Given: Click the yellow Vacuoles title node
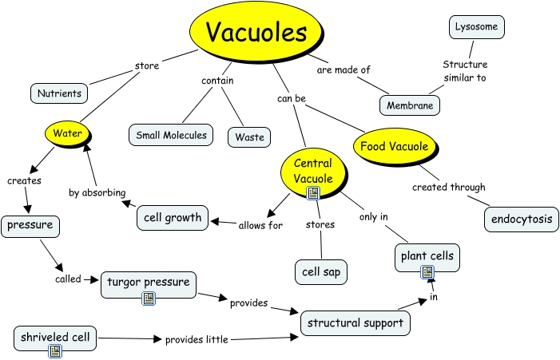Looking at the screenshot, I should pos(256,33).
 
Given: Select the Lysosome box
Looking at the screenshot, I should pos(476,27).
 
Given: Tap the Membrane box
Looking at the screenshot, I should pos(410,105).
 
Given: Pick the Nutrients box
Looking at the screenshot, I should pos(59,93).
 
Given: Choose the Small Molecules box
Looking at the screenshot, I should pos(171,135).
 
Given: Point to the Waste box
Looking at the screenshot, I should pos(249,136).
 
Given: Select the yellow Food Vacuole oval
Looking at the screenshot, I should pos(394,146).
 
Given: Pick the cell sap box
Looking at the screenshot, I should pos(321,271).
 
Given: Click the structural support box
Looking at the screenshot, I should pos(356,322).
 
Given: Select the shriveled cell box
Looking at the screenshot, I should pos(55,338).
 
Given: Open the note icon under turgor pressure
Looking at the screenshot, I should pos(148,299).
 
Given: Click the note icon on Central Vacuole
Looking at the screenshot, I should pos(313,193).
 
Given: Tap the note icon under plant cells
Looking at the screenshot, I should pos(427,272).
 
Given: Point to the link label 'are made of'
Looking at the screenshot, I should pos(344,70).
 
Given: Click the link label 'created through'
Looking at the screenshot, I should pos(448,188).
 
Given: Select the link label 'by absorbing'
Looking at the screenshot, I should pos(97,192).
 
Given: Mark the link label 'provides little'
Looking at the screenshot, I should pos(197,339).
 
